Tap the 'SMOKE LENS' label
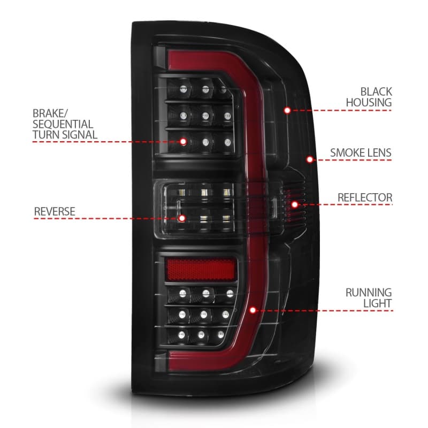(361, 153)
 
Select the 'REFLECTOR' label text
(364, 197)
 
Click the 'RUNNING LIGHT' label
(368, 298)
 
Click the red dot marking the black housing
(287, 110)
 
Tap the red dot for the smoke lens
(309, 159)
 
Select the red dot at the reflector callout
(294, 204)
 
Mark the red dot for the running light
(253, 310)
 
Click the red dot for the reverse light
(197, 218)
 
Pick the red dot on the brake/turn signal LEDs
(184, 142)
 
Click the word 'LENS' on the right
(379, 153)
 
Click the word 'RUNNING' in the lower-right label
(368, 293)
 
